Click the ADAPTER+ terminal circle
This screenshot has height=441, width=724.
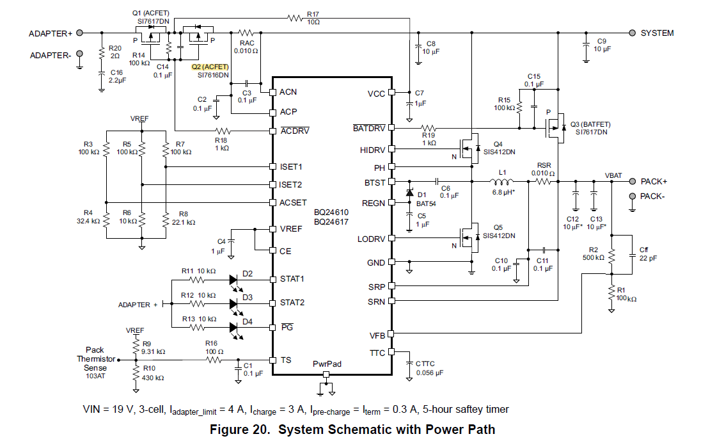click(79, 33)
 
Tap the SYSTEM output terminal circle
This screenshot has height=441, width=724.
click(632, 33)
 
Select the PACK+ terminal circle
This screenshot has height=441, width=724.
click(632, 181)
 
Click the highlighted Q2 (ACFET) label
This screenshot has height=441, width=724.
click(210, 67)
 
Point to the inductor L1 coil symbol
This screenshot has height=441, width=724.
click(502, 180)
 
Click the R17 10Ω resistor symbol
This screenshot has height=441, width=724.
click(295, 18)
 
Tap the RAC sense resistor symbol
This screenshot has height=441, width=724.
click(246, 33)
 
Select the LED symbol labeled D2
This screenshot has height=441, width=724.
click(233, 280)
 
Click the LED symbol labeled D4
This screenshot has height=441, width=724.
click(233, 328)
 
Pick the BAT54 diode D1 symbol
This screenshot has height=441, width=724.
click(409, 192)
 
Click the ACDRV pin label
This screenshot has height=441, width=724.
click(295, 131)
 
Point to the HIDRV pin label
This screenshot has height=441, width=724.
click(372, 150)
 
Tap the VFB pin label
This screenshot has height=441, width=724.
click(377, 335)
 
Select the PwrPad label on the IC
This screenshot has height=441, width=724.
click(327, 364)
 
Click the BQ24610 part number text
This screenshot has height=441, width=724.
click(331, 212)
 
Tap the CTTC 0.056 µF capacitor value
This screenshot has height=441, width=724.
click(429, 373)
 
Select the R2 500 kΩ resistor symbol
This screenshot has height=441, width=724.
click(611, 256)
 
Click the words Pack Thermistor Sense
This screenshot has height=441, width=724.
click(95, 358)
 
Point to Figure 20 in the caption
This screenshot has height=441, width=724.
click(239, 429)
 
